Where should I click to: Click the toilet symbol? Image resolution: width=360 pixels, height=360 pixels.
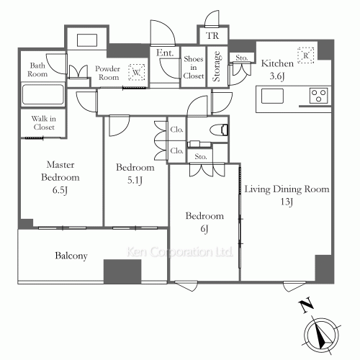pyautogui.click(x=219, y=130)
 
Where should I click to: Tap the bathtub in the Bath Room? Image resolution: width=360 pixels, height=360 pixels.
pyautogui.click(x=43, y=94)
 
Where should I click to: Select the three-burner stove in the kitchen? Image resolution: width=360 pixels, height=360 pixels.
pyautogui.click(x=318, y=96)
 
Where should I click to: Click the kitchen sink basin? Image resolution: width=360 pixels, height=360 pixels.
pyautogui.click(x=272, y=96)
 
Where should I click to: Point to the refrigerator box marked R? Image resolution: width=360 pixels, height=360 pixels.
pyautogui.click(x=306, y=55)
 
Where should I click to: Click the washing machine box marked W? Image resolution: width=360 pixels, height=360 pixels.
pyautogui.click(x=137, y=72)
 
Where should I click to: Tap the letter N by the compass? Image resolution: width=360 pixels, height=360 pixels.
pyautogui.click(x=306, y=305)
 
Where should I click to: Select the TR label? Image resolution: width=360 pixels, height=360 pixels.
pyautogui.click(x=212, y=36)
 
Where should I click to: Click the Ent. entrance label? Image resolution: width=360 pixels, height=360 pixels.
pyautogui.click(x=165, y=53)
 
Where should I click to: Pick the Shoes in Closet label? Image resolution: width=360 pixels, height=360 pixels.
pyautogui.click(x=194, y=68)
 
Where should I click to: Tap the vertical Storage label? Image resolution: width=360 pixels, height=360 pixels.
pyautogui.click(x=217, y=66)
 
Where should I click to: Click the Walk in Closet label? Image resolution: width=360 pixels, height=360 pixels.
pyautogui.click(x=44, y=122)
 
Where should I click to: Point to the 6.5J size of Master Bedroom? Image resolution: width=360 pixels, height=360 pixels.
pyautogui.click(x=60, y=190)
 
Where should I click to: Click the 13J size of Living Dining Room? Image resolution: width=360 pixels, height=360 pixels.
pyautogui.click(x=287, y=202)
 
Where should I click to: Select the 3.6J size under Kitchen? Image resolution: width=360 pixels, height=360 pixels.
pyautogui.click(x=277, y=76)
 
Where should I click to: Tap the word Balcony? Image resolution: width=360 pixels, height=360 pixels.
pyautogui.click(x=71, y=256)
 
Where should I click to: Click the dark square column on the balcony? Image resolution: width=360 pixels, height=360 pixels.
pyautogui.click(x=122, y=271)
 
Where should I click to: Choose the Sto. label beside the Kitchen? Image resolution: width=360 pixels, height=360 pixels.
pyautogui.click(x=241, y=58)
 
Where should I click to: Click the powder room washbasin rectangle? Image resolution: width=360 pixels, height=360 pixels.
pyautogui.click(x=87, y=40)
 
